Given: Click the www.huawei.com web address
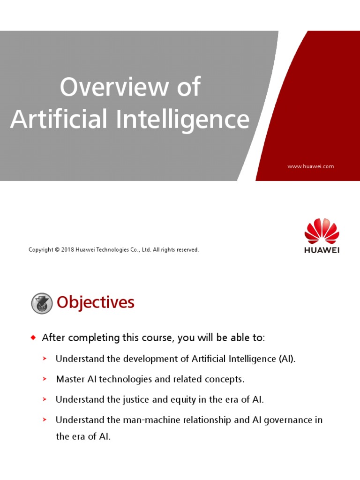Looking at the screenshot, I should click(x=310, y=166).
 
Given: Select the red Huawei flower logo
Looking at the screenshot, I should click(x=322, y=231).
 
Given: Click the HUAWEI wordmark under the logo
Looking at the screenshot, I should click(x=322, y=250).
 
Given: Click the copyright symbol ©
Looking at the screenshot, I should click(x=57, y=250).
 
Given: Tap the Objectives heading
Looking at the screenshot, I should click(x=96, y=303).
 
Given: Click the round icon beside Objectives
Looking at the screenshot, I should click(x=42, y=303).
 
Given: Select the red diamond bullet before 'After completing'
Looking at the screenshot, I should click(x=33, y=337).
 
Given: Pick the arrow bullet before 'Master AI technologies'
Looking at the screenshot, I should click(x=45, y=379).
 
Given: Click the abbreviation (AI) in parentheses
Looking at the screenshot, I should click(x=286, y=359).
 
